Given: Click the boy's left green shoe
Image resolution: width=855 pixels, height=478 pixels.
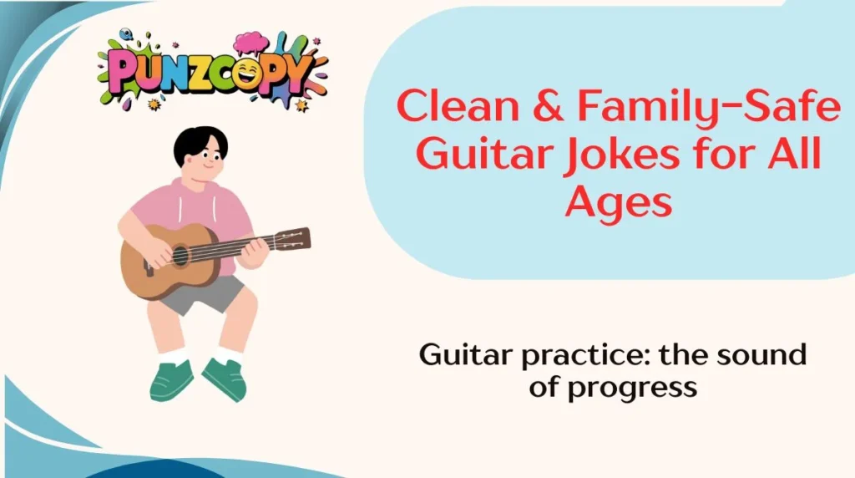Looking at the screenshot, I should coord(171,379).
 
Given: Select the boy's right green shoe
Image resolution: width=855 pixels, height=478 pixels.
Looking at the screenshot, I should coord(225,378).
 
